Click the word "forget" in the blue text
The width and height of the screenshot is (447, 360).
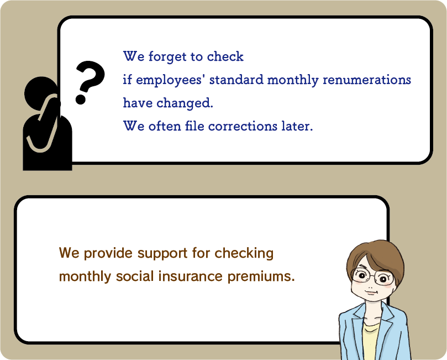pos(167,57)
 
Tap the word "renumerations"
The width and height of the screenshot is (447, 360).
pos(367,80)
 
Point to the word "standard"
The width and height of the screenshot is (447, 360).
pos(236,80)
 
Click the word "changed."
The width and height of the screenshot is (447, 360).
pos(185,103)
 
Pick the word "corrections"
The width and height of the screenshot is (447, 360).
pos(243,127)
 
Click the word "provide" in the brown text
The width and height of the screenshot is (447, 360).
pos(108,253)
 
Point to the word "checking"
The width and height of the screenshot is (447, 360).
pos(244,253)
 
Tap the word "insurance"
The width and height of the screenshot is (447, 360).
pos(191,276)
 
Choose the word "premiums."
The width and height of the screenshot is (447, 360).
pos(261,276)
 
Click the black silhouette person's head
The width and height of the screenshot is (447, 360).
pos(41,93)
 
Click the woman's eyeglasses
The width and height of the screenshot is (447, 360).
pos(372,276)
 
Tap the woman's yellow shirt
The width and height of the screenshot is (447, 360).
pos(371,340)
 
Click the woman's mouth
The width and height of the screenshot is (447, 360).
pos(371,293)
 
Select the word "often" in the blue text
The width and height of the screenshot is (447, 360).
pos(165,126)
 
